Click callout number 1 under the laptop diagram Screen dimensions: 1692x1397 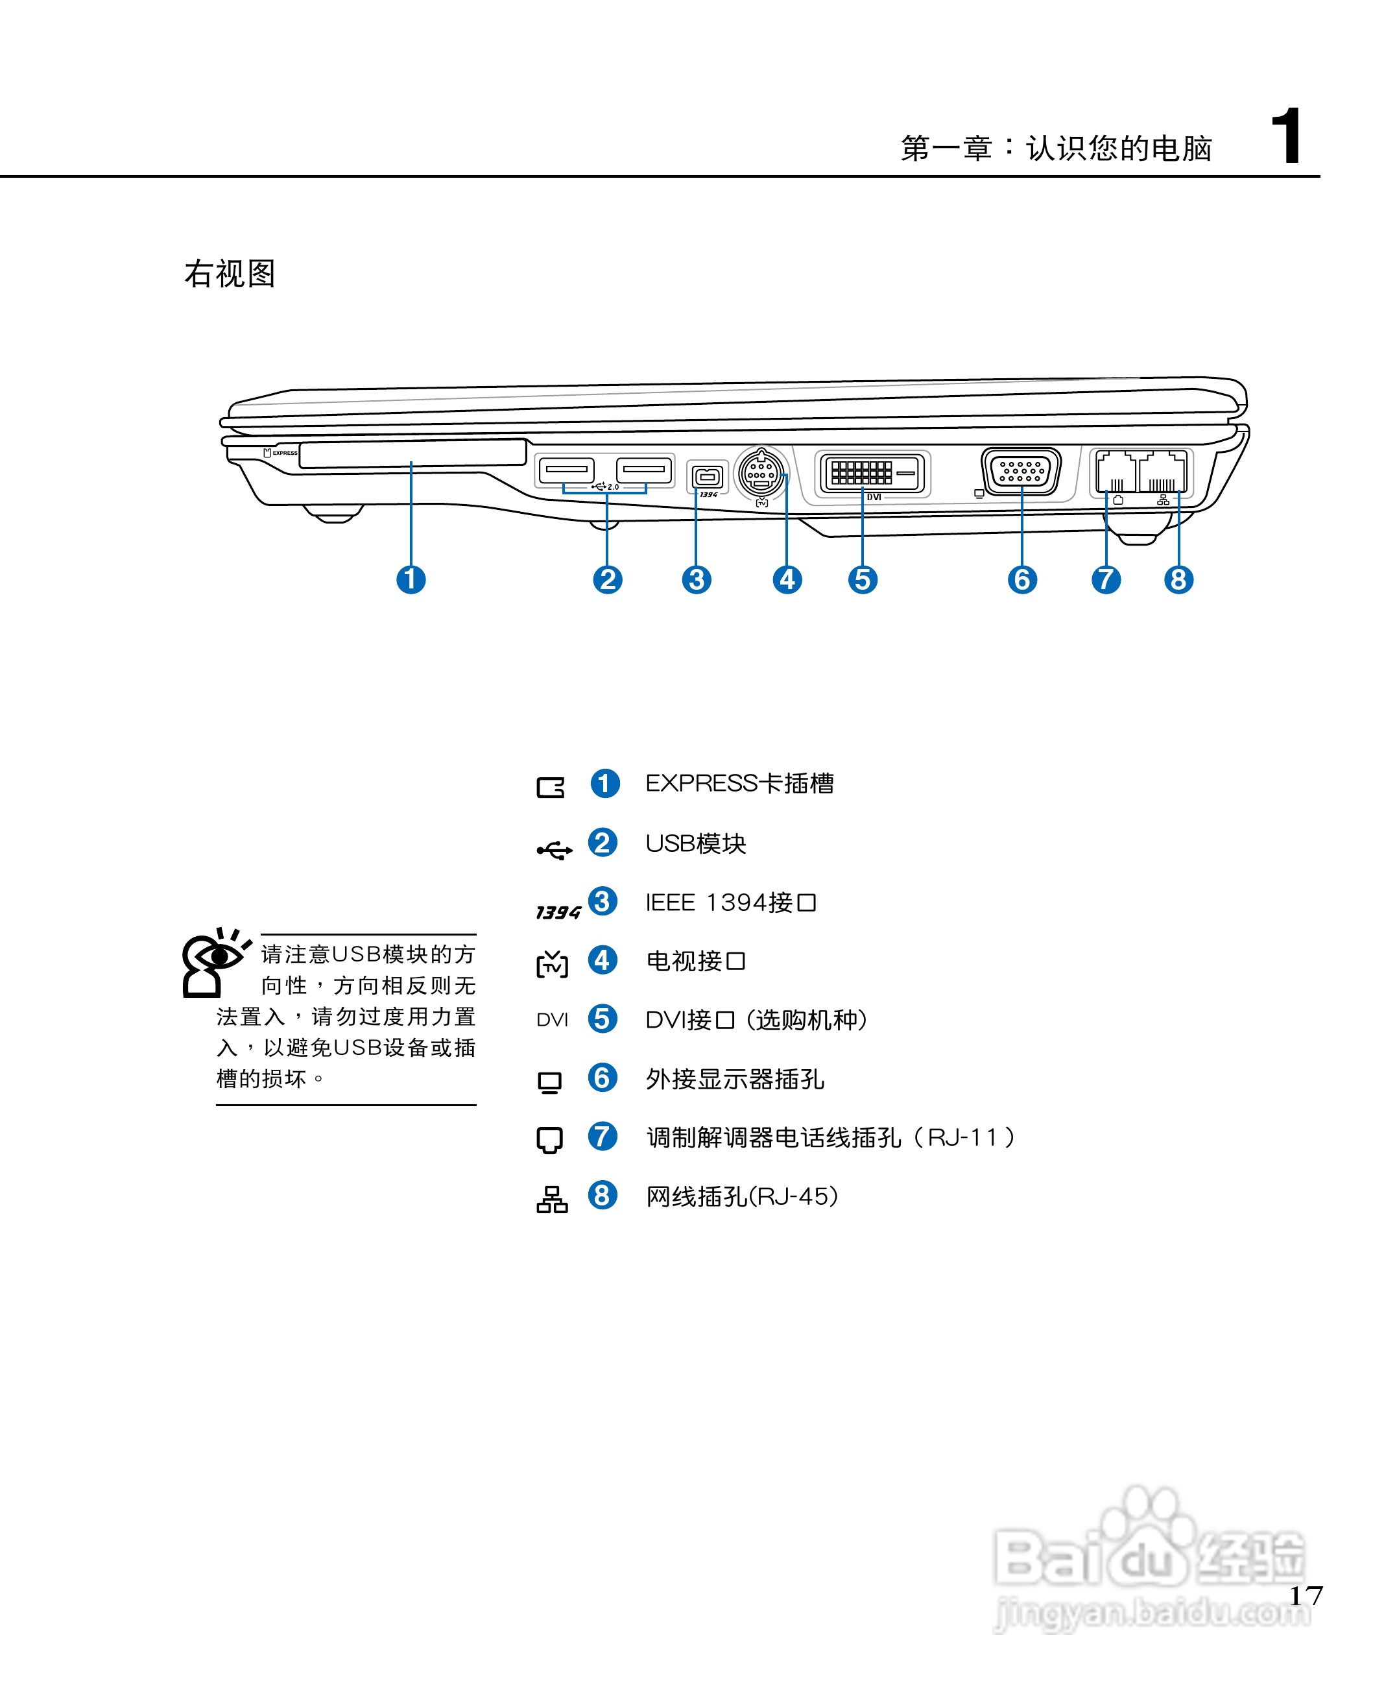click(411, 579)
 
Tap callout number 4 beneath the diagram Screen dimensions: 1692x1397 click(787, 579)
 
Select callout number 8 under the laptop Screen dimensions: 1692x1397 click(1178, 579)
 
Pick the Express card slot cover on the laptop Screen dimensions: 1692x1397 click(412, 453)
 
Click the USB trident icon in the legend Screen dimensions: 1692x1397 click(555, 850)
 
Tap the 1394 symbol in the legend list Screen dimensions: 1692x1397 click(558, 912)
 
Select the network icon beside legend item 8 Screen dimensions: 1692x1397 click(552, 1200)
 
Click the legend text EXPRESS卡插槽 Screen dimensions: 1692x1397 click(739, 783)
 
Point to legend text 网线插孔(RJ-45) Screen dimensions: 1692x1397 click(742, 1196)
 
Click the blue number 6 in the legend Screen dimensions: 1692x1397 click(602, 1078)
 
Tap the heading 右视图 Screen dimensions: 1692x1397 click(230, 274)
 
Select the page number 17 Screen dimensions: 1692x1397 click(1306, 1595)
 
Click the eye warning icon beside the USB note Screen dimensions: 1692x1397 click(213, 963)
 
